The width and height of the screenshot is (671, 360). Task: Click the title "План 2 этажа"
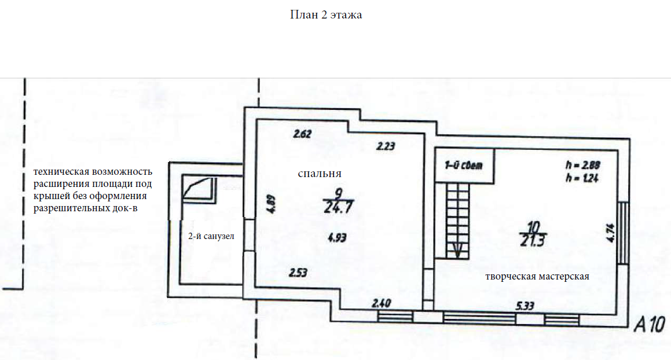(326, 15)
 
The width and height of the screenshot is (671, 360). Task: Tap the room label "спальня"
(320, 173)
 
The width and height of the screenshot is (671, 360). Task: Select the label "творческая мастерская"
(537, 276)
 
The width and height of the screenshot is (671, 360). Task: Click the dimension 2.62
(303, 134)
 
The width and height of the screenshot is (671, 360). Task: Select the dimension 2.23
(385, 146)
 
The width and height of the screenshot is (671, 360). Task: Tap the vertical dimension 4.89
(270, 204)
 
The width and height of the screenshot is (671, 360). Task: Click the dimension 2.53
(299, 272)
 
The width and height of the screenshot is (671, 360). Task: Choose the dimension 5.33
(526, 306)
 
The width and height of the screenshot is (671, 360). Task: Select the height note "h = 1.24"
(582, 178)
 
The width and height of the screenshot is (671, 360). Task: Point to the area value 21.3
(533, 241)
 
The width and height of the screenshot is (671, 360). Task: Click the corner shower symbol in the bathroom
(196, 188)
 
